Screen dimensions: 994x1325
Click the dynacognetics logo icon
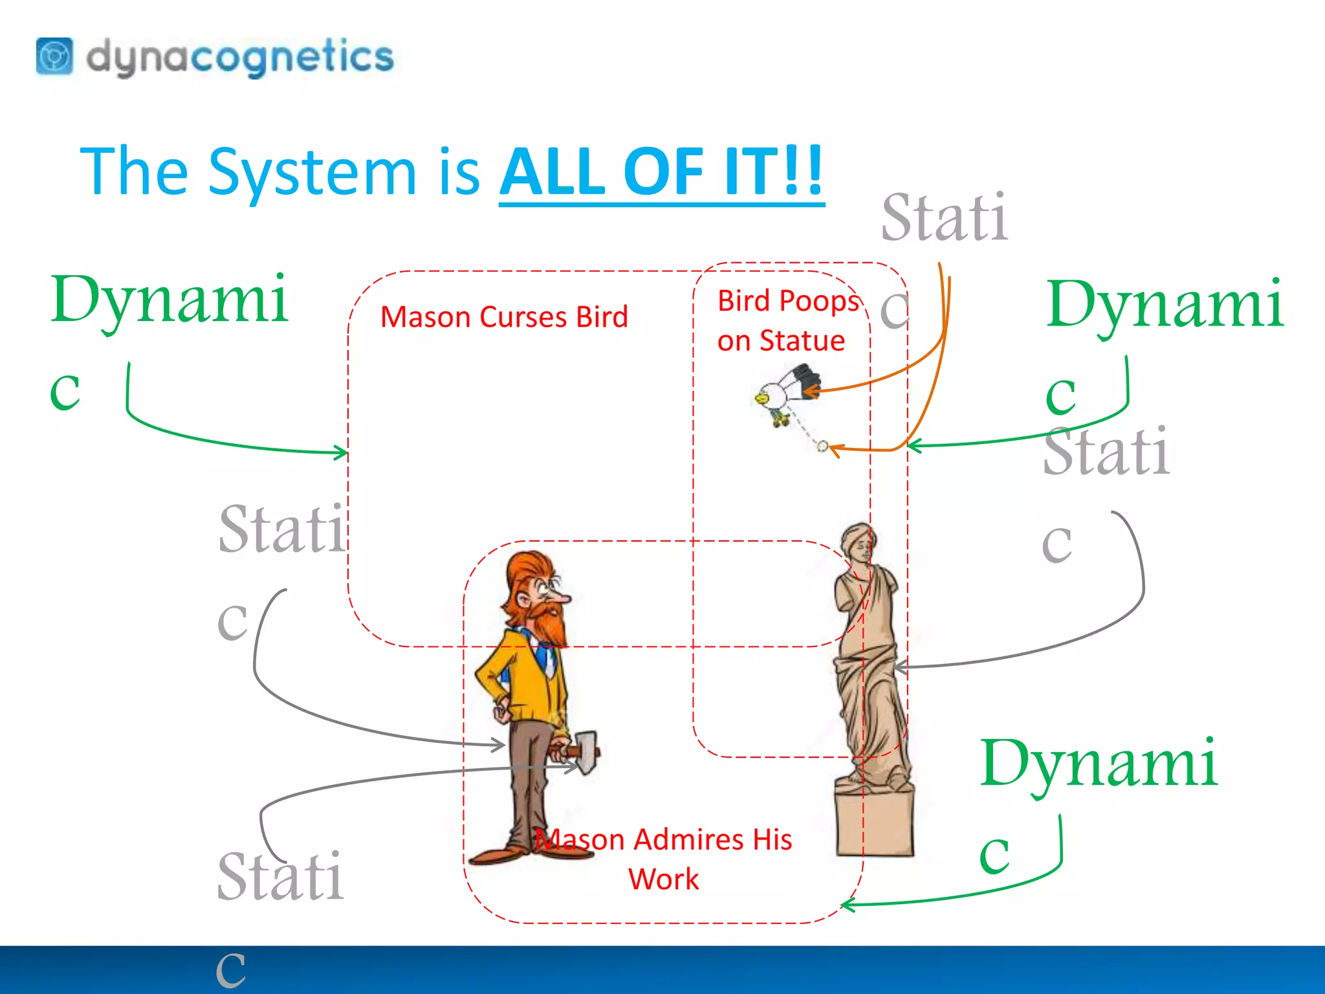click(x=54, y=57)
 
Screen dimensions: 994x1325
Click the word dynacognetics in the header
click(x=239, y=57)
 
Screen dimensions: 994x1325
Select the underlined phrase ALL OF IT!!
click(x=661, y=171)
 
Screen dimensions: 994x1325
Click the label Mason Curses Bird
click(x=504, y=317)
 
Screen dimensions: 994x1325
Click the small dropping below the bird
click(x=822, y=445)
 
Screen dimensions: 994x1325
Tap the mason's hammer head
click(x=586, y=751)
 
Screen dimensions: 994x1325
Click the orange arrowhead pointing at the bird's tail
click(x=809, y=391)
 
